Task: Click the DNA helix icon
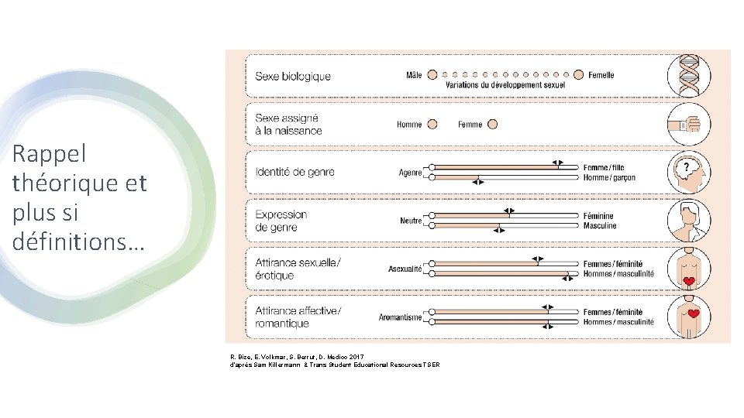click(688, 75)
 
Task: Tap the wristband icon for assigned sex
click(688, 124)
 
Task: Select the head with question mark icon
click(688, 173)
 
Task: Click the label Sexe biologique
click(293, 76)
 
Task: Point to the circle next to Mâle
click(432, 75)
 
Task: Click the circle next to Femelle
click(579, 75)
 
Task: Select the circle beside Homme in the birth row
click(432, 124)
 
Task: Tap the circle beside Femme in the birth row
click(492, 124)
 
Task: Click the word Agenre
click(411, 173)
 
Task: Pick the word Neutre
click(411, 221)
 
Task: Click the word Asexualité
click(405, 269)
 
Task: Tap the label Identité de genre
click(295, 172)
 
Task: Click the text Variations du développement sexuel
click(505, 85)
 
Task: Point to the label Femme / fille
click(604, 168)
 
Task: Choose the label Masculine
click(600, 226)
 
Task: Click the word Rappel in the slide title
click(50, 154)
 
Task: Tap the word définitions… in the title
click(78, 241)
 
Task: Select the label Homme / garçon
click(609, 178)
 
